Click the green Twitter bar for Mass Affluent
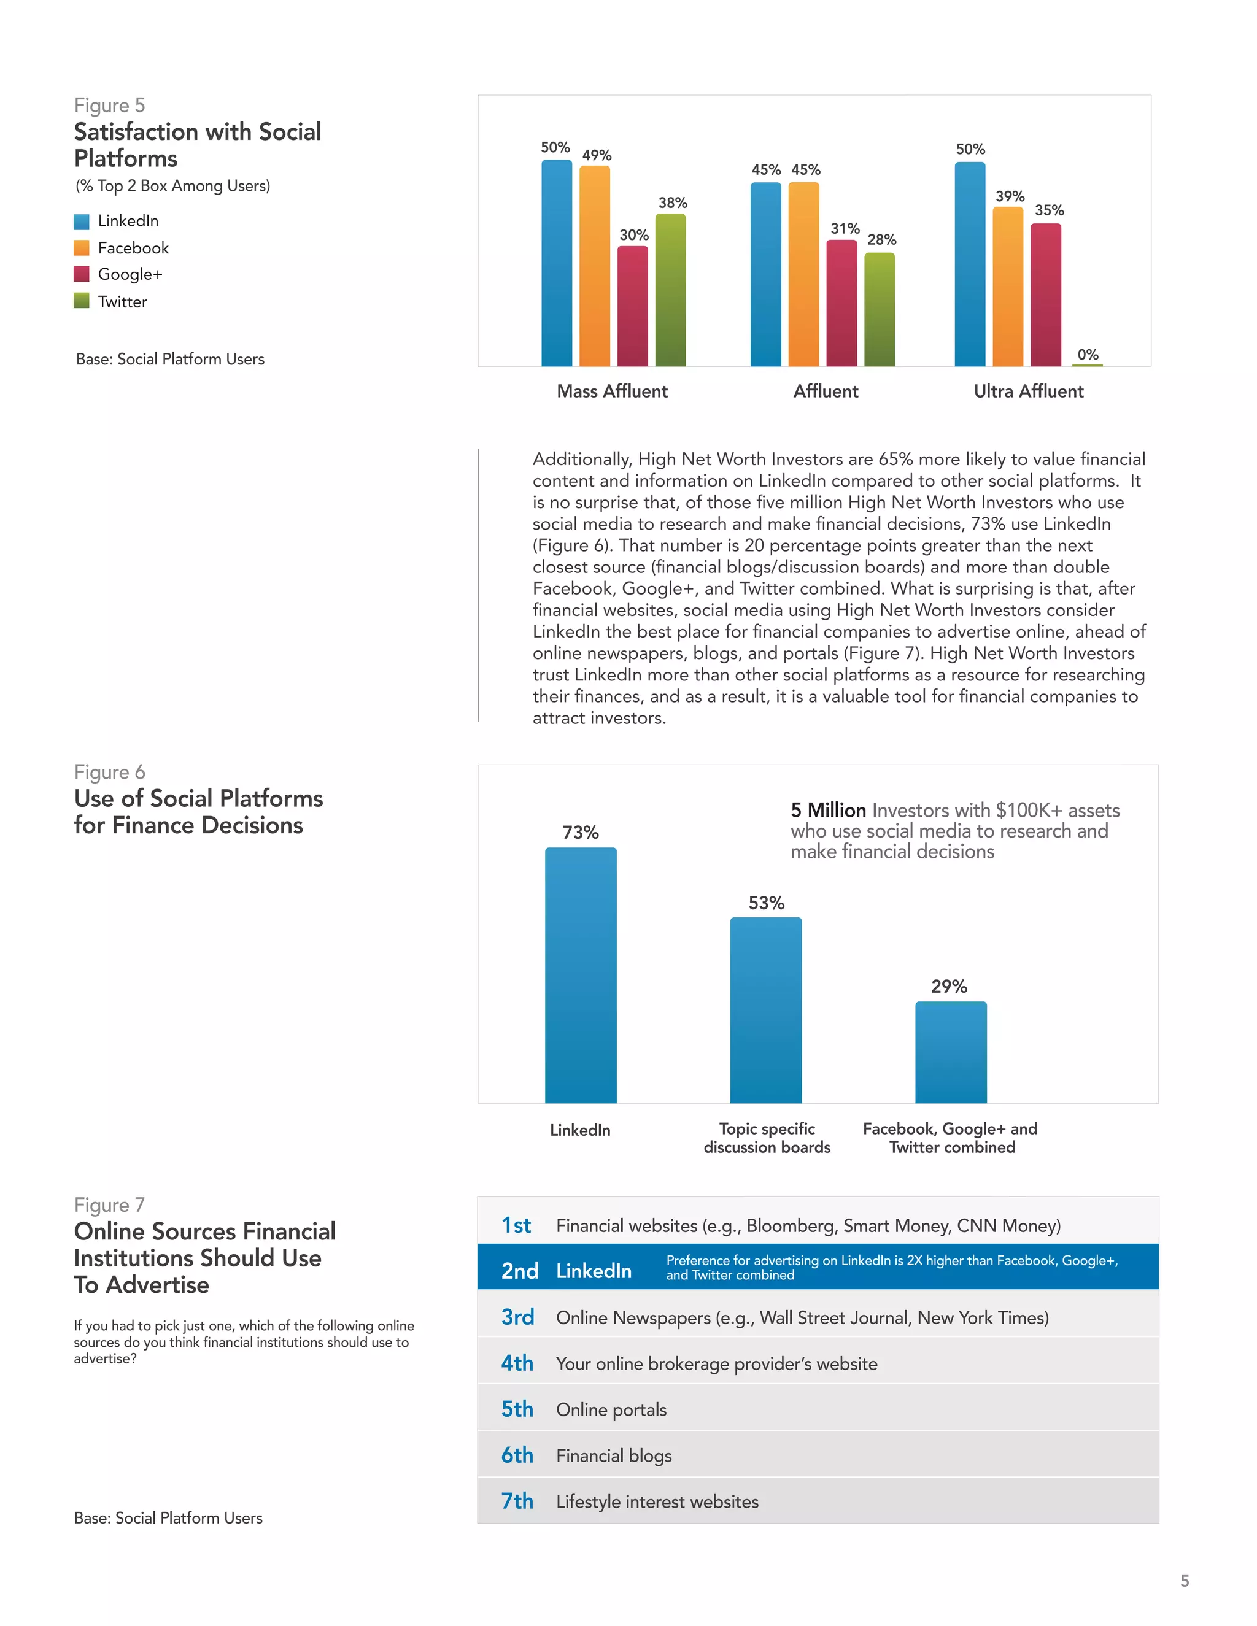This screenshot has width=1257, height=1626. click(670, 290)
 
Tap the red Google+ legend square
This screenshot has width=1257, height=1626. click(82, 274)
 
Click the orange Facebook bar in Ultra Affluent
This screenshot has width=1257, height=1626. click(1008, 287)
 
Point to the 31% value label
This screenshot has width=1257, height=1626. click(845, 229)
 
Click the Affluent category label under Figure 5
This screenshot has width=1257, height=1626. click(825, 391)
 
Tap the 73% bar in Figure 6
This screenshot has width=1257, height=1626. click(580, 976)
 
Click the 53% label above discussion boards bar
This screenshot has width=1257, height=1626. click(766, 903)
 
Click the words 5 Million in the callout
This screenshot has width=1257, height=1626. click(828, 810)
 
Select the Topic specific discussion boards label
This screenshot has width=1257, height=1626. click(767, 1138)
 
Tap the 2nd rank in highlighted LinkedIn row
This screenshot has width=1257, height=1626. click(519, 1271)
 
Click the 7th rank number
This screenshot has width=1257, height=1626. click(517, 1501)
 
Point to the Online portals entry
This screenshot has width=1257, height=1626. click(611, 1409)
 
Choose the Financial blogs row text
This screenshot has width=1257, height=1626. click(614, 1455)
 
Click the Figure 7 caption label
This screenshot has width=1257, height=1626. click(109, 1204)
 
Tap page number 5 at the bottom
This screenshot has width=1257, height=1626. click(1184, 1581)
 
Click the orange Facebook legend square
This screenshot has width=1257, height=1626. click(82, 247)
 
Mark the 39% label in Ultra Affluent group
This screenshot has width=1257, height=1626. click(1009, 196)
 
